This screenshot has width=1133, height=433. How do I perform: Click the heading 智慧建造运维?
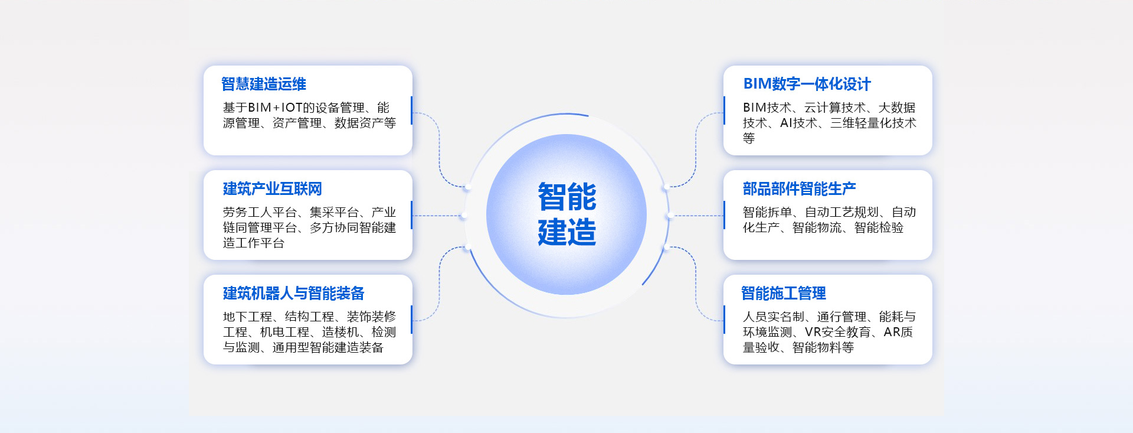click(x=264, y=84)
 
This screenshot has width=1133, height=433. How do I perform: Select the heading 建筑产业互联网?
click(x=272, y=188)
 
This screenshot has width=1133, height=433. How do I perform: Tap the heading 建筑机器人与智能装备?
click(x=293, y=293)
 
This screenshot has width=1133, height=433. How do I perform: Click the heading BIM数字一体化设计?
click(x=807, y=84)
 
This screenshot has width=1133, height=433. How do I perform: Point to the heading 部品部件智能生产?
click(x=799, y=188)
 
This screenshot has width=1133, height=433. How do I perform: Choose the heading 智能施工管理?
click(x=784, y=293)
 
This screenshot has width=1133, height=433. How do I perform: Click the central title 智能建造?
click(x=567, y=214)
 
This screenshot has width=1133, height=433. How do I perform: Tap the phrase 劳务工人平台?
click(x=260, y=212)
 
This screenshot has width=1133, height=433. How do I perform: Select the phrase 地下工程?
click(x=247, y=317)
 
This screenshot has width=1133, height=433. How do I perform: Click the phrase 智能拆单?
click(x=767, y=212)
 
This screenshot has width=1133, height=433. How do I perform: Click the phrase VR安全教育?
click(x=838, y=332)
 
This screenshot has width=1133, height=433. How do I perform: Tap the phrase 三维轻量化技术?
click(x=873, y=123)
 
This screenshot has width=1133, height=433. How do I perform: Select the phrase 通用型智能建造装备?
click(x=328, y=347)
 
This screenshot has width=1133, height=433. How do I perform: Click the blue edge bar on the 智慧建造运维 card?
click(x=411, y=110)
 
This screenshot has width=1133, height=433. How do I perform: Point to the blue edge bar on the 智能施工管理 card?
click(x=724, y=320)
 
